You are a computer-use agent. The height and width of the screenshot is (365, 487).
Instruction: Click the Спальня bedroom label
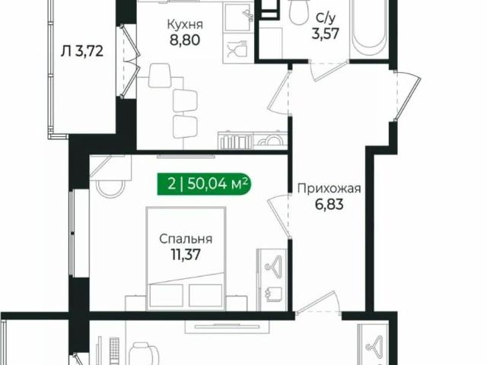pyautogui.click(x=186, y=239)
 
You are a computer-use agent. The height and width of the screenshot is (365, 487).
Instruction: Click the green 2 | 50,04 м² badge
pyautogui.click(x=205, y=182)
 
